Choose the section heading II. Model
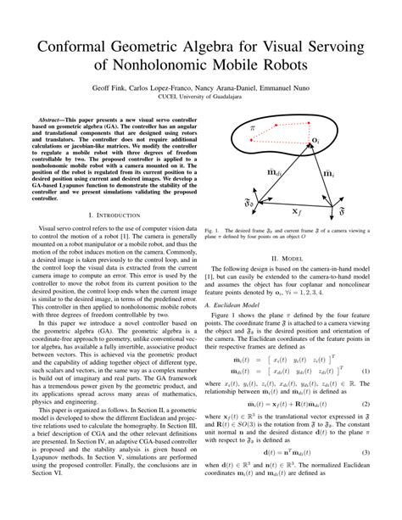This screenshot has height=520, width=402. pyautogui.click(x=286, y=258)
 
